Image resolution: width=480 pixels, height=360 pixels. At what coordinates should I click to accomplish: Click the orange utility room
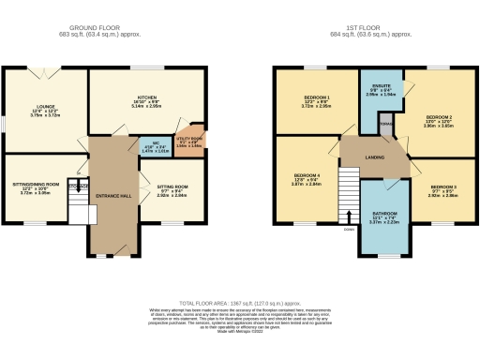[196, 140]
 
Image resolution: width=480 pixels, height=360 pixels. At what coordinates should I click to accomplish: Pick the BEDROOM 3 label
[429, 187]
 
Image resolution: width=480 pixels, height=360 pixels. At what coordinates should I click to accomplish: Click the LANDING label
[373, 157]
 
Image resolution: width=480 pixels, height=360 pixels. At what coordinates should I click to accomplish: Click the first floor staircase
[349, 192]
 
